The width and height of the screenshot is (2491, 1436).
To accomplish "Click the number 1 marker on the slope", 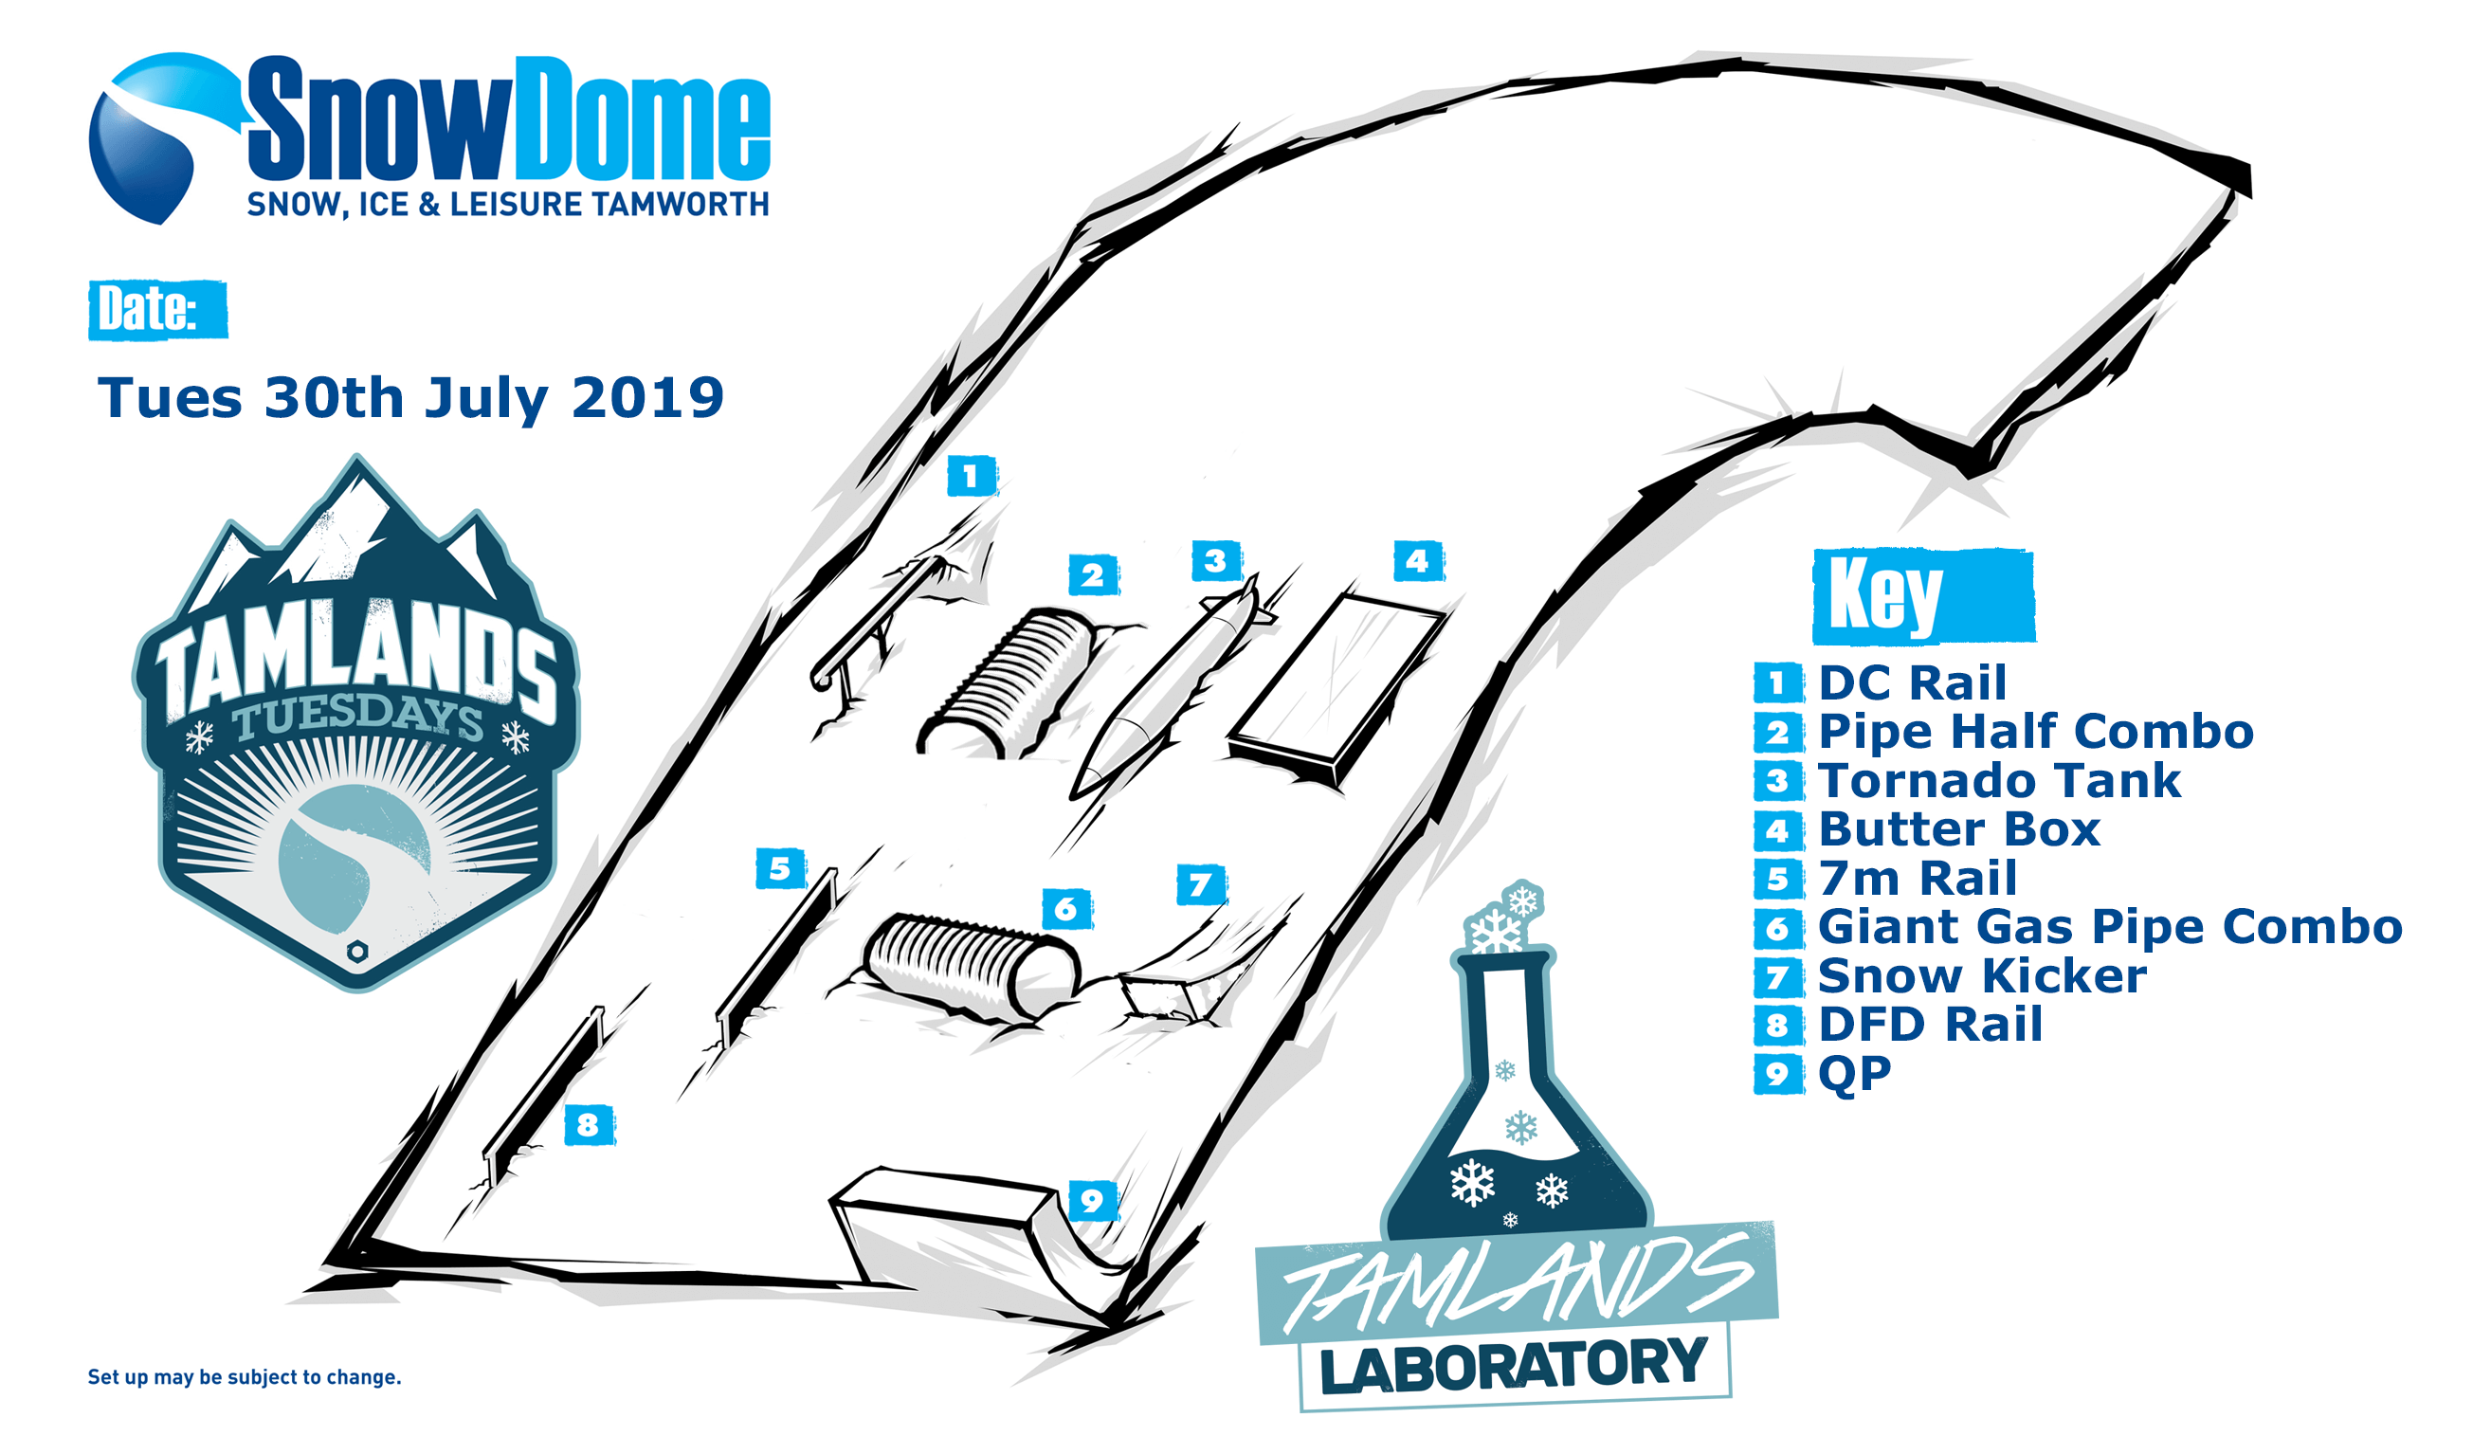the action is click(972, 476).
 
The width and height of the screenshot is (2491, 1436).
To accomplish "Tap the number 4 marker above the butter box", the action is click(1418, 560).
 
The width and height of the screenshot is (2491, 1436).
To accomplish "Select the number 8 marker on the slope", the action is click(589, 1123).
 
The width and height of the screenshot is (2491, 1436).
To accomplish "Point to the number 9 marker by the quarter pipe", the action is click(1093, 1200).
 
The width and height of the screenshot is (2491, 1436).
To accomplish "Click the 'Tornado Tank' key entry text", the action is click(1999, 780).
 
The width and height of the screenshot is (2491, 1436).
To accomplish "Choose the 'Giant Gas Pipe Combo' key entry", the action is click(2109, 926).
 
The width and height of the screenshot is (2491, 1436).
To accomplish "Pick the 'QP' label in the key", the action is click(1854, 1073).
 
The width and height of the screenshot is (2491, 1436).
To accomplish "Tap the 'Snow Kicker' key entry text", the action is click(1982, 975).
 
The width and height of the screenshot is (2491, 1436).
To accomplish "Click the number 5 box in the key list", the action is click(1777, 878).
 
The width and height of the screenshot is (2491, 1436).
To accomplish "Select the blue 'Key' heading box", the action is click(1923, 595).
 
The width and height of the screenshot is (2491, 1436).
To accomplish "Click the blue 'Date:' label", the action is click(157, 310).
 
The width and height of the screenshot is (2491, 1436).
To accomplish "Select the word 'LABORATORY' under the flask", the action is click(1514, 1366).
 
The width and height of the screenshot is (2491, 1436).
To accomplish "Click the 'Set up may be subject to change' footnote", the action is click(245, 1377).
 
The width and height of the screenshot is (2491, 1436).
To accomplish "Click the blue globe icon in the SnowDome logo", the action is click(148, 138).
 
